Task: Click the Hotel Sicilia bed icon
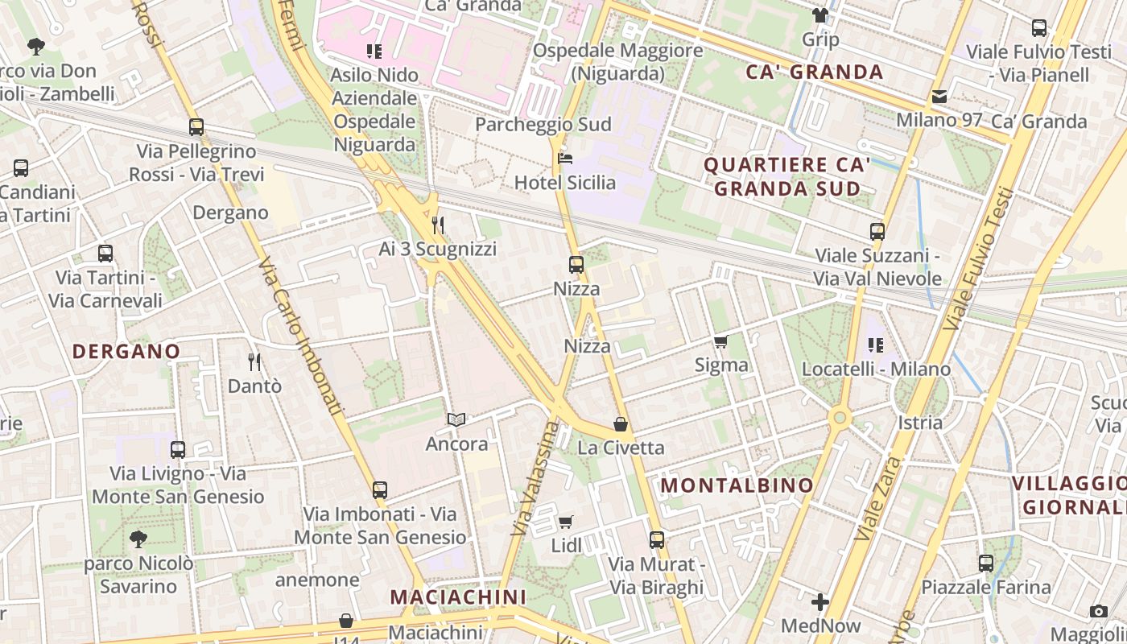coord(565,158)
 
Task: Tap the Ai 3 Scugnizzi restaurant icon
coord(438,225)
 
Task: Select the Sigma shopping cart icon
coord(720,341)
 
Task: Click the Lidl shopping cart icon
coord(566,522)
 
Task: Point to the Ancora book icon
coord(456,419)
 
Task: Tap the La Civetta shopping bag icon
coord(621,423)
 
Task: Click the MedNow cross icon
coord(820,601)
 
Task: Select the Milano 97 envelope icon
coord(939,97)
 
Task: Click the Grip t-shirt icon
coord(820,14)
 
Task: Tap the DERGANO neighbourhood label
coord(126,352)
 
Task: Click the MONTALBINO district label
coord(737,485)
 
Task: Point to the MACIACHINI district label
coord(458,597)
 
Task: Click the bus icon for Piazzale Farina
coord(986,563)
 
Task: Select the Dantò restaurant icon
coord(254,362)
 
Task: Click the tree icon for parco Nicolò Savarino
coord(138,539)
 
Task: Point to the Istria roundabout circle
coord(840,417)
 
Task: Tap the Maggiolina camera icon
coord(1099,611)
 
